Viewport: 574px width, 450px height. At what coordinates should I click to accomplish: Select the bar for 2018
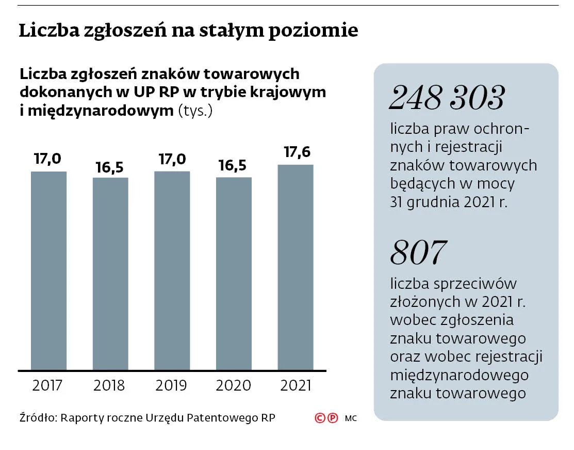pyautogui.click(x=110, y=273)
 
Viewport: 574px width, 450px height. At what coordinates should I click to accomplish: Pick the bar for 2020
pyautogui.click(x=234, y=273)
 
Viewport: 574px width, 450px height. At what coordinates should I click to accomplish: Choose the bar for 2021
pyautogui.click(x=296, y=267)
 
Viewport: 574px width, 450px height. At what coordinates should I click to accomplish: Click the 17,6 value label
pyautogui.click(x=297, y=153)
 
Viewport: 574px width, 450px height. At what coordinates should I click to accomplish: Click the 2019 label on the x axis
pyautogui.click(x=171, y=385)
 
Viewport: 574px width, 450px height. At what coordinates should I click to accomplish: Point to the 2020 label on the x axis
pyautogui.click(x=233, y=385)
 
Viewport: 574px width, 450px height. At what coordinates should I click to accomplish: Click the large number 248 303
pyautogui.click(x=446, y=98)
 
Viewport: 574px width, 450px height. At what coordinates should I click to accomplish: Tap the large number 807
pyautogui.click(x=418, y=253)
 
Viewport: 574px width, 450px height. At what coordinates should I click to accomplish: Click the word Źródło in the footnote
pyautogui.click(x=37, y=417)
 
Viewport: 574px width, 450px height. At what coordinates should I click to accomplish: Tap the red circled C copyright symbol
pyautogui.click(x=320, y=418)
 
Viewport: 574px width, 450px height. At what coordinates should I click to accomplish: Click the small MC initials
pyautogui.click(x=351, y=418)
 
